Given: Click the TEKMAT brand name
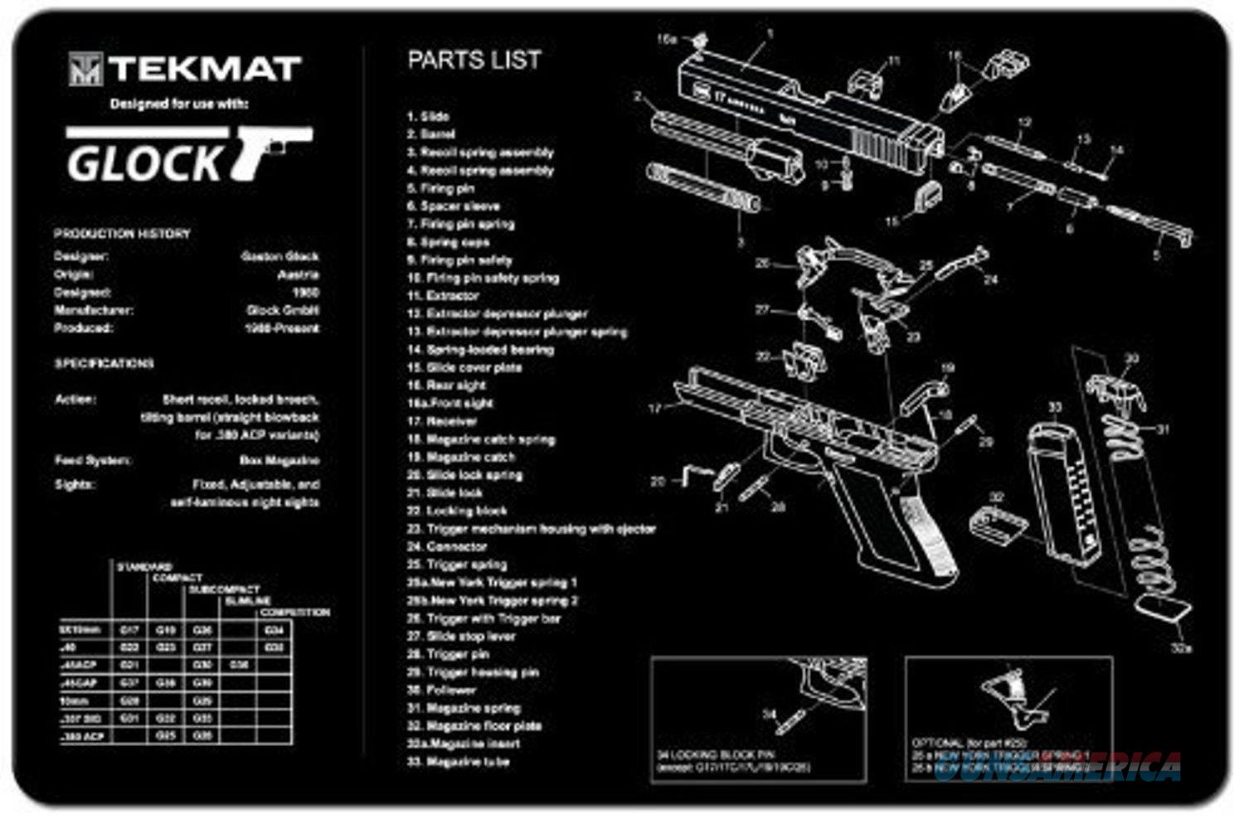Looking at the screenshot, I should point(203,69).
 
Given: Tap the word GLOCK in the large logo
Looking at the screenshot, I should point(145,162).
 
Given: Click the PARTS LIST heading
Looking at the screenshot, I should point(474,60).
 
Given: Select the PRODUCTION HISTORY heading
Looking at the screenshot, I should point(122,234).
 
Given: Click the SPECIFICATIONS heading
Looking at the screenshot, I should point(104,363).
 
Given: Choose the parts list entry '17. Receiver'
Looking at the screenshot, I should point(443,421).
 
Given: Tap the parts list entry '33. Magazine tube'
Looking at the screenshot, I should point(458,761).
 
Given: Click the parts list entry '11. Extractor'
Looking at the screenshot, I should point(443,295).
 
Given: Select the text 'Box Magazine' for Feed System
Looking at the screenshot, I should point(279,460).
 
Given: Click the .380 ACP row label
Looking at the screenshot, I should point(83,736).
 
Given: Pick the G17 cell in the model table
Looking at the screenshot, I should point(129,630).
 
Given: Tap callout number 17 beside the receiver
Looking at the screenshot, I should point(655,408).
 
